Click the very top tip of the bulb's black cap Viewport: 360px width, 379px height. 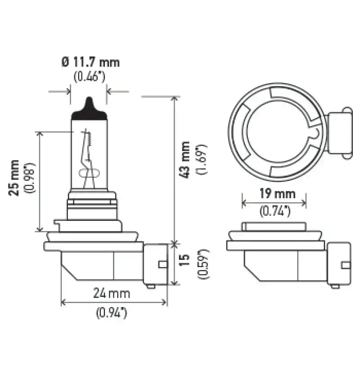[89, 97]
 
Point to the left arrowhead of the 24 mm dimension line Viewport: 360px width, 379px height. [63, 302]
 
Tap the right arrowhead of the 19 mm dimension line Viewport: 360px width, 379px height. [304, 203]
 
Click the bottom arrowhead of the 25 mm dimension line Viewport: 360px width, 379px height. [40, 229]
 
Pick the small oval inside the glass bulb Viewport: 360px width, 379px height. [89, 174]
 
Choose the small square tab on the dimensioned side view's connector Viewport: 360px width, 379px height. [162, 264]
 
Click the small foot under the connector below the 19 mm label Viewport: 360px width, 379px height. [335, 286]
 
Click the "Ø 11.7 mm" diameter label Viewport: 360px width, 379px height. [90, 62]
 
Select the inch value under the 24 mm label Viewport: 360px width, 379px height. [112, 313]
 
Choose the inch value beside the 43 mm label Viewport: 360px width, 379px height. [202, 159]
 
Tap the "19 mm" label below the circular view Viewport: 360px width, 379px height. [278, 194]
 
